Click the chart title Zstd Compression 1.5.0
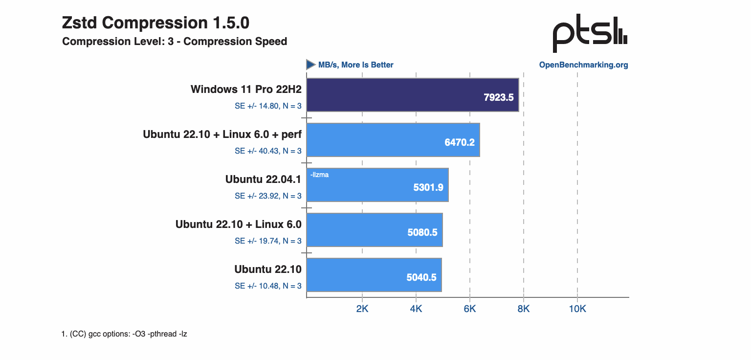click(155, 22)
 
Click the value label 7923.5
click(498, 97)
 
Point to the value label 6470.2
click(459, 142)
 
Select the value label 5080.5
click(422, 232)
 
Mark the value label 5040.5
click(421, 277)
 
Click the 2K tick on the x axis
click(362, 309)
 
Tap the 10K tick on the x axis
click(577, 309)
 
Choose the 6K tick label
click(470, 309)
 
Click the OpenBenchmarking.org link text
click(583, 65)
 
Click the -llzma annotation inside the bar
click(319, 174)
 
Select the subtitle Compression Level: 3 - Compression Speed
click(175, 42)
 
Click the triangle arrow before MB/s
click(310, 65)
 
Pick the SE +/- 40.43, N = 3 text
click(268, 151)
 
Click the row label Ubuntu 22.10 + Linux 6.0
click(238, 224)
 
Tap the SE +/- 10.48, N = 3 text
click(268, 286)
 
